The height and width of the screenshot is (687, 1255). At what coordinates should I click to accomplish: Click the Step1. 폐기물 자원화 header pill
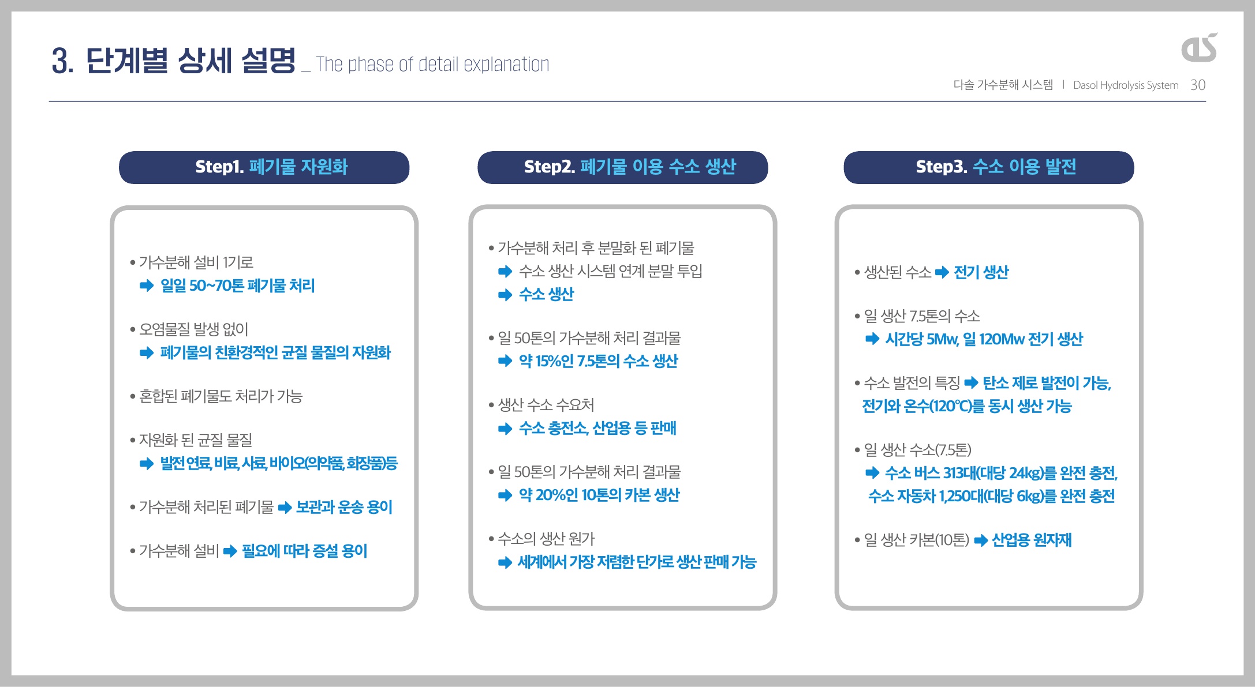pyautogui.click(x=264, y=167)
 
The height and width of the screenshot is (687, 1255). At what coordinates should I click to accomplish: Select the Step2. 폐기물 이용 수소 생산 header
pyautogui.click(x=622, y=167)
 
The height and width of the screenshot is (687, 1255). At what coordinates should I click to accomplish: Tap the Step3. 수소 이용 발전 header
pyautogui.click(x=989, y=167)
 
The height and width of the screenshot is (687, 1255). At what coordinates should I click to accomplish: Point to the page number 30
pyautogui.click(x=1198, y=85)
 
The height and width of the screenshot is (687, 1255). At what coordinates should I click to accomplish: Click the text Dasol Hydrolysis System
pyautogui.click(x=1126, y=85)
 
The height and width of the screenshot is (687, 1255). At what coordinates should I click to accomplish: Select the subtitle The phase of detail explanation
pyautogui.click(x=432, y=64)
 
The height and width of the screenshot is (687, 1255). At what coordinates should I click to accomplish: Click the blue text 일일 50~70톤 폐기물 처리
pyautogui.click(x=237, y=286)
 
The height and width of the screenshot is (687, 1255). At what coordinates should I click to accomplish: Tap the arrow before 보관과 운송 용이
pyautogui.click(x=285, y=508)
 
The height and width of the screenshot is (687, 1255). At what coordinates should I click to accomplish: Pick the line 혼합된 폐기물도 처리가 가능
pyautogui.click(x=221, y=396)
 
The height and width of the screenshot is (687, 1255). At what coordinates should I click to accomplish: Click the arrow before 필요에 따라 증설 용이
pyautogui.click(x=230, y=551)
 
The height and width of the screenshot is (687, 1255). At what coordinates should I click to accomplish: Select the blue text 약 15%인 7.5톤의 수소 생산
pyautogui.click(x=598, y=361)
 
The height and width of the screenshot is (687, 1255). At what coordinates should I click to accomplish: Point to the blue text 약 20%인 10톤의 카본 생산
pyautogui.click(x=599, y=495)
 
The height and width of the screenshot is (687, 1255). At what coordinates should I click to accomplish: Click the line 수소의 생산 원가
pyautogui.click(x=546, y=539)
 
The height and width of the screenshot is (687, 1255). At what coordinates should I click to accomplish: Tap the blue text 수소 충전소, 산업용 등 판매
pyautogui.click(x=597, y=428)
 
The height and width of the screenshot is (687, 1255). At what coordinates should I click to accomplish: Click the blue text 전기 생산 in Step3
pyautogui.click(x=981, y=272)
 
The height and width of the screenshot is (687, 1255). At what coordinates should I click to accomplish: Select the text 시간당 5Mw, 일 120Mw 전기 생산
pyautogui.click(x=984, y=339)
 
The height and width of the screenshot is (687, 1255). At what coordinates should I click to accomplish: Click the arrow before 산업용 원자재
pyautogui.click(x=981, y=540)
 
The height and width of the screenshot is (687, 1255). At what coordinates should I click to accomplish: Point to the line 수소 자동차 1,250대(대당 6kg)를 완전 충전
pyautogui.click(x=991, y=496)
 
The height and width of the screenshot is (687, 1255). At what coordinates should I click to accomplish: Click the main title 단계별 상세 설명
pyautogui.click(x=191, y=61)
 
